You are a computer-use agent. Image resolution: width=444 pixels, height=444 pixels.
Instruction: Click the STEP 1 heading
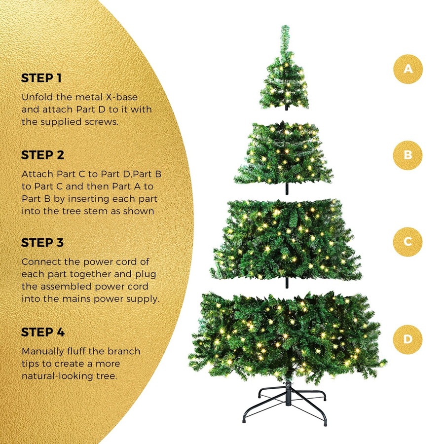point(41,78)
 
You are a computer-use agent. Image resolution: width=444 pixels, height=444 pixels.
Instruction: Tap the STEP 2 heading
point(43,155)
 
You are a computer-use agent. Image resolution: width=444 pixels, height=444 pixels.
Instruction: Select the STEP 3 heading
point(43,243)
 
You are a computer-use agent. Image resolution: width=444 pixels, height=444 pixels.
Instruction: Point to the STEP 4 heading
point(43,332)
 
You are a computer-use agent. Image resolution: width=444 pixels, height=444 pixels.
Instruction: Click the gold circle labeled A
point(407,69)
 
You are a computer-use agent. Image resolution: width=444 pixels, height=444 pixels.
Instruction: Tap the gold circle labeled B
point(407,155)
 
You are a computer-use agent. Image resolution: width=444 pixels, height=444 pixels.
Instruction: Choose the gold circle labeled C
point(407,241)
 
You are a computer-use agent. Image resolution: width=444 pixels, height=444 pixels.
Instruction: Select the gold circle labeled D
point(407,339)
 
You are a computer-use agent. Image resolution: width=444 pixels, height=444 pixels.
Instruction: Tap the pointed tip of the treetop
point(285,28)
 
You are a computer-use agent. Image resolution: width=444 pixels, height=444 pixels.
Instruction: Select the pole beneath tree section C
point(286,282)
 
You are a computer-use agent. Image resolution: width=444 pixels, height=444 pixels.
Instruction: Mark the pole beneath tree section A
point(286,107)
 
